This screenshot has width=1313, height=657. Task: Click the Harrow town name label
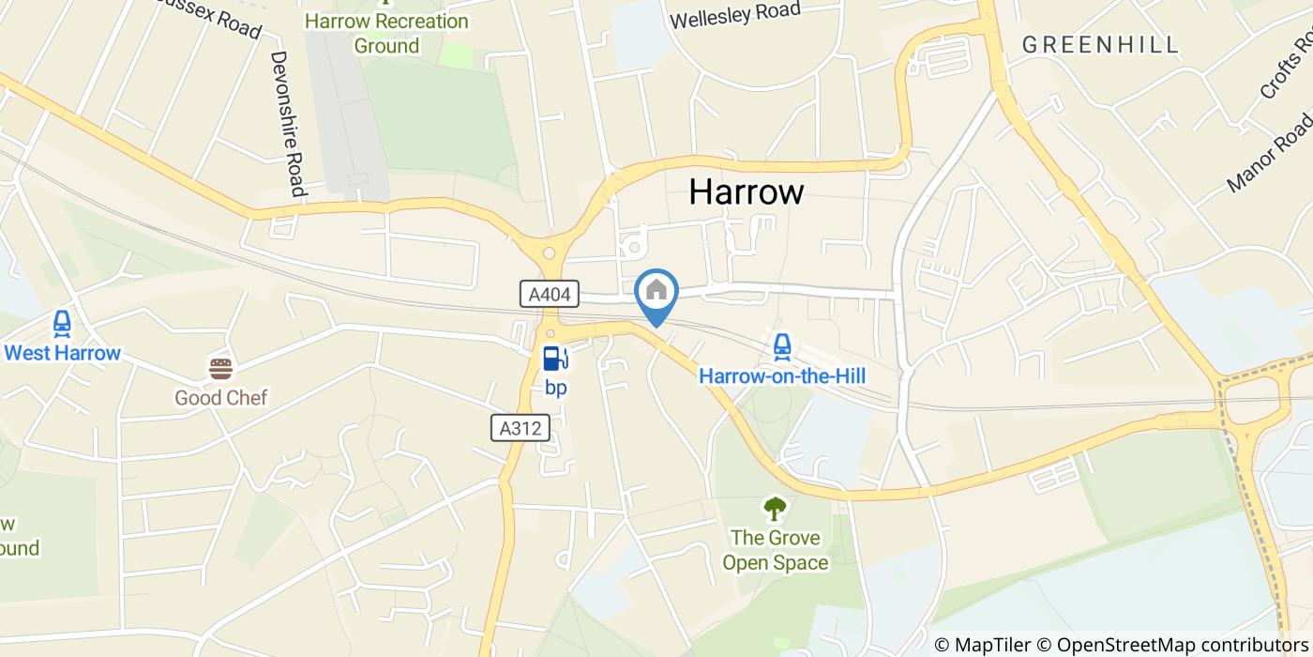[x=746, y=191]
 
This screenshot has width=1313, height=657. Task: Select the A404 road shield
[x=550, y=294]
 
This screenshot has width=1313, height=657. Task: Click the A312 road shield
[x=521, y=428]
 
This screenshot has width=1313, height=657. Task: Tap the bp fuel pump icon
[x=554, y=358]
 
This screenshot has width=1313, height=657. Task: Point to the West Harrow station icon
[x=62, y=324]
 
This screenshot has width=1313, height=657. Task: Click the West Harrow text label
[x=63, y=354]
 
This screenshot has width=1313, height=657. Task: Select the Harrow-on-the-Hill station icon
[x=781, y=347]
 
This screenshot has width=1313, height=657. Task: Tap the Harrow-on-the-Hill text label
[x=781, y=376]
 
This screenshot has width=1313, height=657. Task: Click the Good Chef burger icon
[x=220, y=368]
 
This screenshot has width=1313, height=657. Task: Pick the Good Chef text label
[x=220, y=398]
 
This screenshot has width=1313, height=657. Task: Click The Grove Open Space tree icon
[x=774, y=509]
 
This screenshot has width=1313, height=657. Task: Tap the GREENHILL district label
[x=1100, y=44]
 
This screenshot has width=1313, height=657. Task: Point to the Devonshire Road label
[x=289, y=123]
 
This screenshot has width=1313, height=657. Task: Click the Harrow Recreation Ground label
[x=386, y=33]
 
